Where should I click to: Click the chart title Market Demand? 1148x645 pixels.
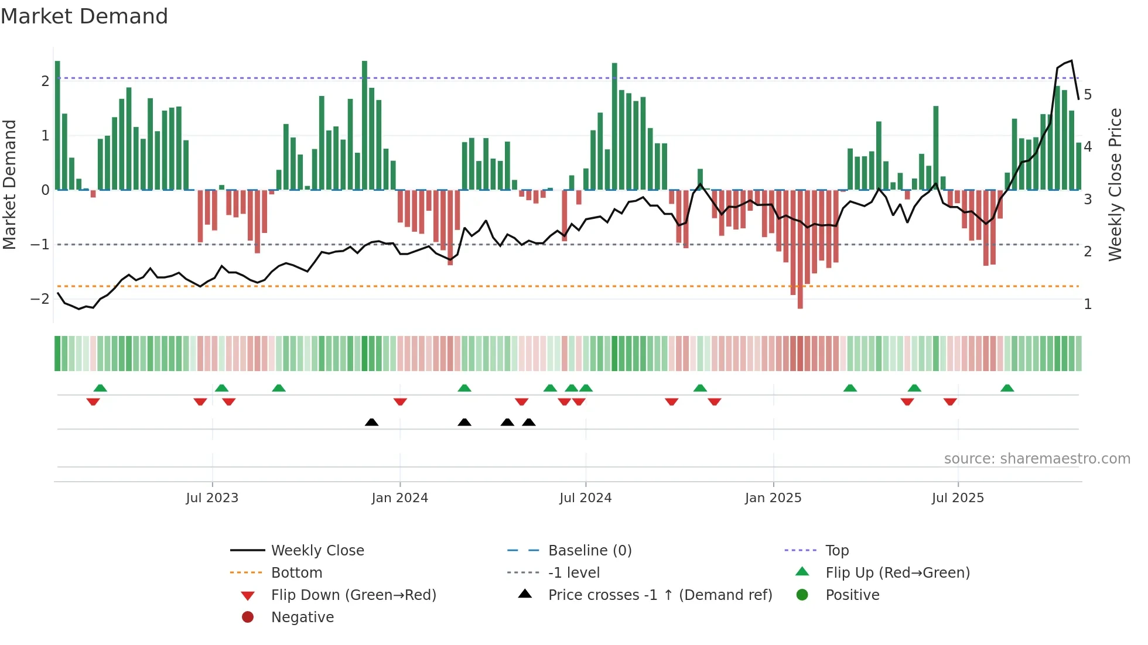pos(84,16)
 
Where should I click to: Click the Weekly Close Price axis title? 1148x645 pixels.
pos(1115,184)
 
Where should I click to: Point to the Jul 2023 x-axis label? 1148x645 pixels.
pos(212,498)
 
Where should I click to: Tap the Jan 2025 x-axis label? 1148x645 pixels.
pos(773,498)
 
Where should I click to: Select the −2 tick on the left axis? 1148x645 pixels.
pos(40,299)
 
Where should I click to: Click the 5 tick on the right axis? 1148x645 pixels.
pos(1088,95)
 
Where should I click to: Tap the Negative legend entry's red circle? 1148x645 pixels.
pos(248,617)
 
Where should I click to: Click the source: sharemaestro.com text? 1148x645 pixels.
pos(1037,459)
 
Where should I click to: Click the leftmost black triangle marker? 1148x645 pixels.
pos(371,422)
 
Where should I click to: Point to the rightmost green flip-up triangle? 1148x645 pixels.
pos(1007,388)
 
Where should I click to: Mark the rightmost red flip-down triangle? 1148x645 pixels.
pos(950,402)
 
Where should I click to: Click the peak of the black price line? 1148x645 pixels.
pos(1071,61)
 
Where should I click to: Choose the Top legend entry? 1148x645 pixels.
pos(836,551)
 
